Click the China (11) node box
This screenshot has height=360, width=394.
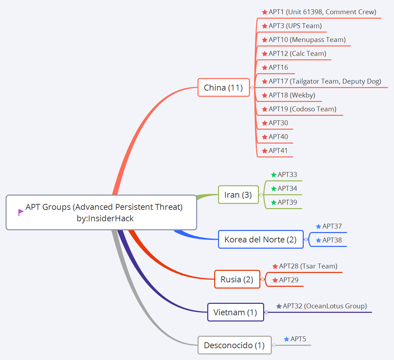(x=224, y=87)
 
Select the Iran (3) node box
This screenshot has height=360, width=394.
(x=238, y=195)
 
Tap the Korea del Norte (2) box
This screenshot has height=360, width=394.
(x=260, y=239)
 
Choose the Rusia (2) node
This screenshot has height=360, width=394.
(x=237, y=279)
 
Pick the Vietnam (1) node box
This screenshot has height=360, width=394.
(x=235, y=312)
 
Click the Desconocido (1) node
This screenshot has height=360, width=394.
(x=234, y=345)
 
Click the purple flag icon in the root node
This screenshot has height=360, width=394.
(x=21, y=212)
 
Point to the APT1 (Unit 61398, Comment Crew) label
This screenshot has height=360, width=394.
(x=322, y=12)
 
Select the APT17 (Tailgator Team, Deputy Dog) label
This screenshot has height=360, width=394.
(x=325, y=81)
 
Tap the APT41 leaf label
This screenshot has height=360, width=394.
(x=278, y=151)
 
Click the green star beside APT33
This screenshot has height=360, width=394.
(x=274, y=175)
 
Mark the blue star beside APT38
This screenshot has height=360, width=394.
(x=318, y=240)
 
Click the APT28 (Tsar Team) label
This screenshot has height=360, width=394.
(x=308, y=266)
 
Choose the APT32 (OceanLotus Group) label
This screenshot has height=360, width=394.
(x=325, y=306)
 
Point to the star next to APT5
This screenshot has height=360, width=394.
(x=286, y=339)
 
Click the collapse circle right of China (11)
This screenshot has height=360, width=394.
(x=252, y=88)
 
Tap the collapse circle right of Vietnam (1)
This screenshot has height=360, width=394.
(x=266, y=312)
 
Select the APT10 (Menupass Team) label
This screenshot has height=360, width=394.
(x=307, y=40)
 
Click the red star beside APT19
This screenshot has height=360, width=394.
(x=265, y=109)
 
